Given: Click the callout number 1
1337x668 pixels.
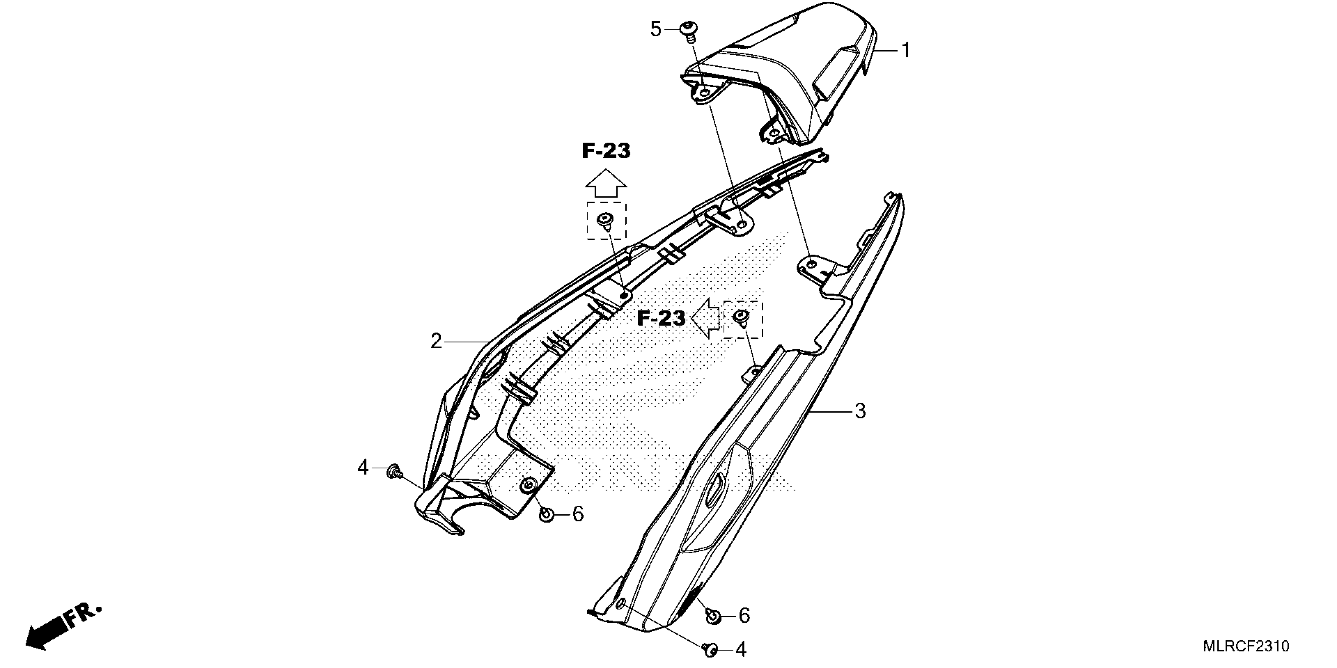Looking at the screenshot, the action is (x=906, y=51).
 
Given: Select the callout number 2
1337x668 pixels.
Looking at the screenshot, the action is (x=436, y=341).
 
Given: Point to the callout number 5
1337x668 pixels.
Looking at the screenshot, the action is (x=656, y=29).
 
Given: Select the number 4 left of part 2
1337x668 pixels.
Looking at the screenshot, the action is (x=362, y=468).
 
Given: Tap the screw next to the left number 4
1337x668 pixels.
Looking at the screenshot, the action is (x=394, y=472).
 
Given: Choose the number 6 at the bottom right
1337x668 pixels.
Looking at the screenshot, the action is (x=744, y=616).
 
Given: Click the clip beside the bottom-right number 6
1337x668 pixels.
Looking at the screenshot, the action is (x=714, y=616).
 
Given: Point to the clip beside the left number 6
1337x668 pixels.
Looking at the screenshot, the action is (x=547, y=514).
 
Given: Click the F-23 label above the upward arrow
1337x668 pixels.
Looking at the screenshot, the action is (x=606, y=151).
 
